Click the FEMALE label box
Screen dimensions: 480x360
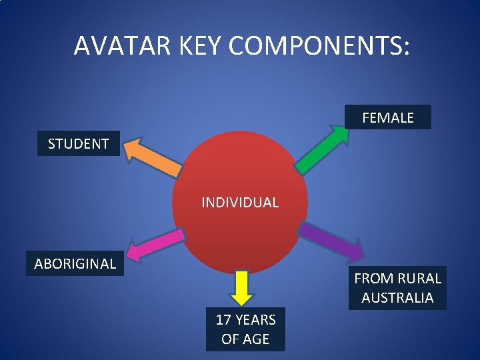(x=388, y=118)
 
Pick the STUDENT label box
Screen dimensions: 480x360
(x=79, y=143)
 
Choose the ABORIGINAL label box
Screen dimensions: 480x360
(x=75, y=263)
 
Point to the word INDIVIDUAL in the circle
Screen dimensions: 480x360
(x=240, y=203)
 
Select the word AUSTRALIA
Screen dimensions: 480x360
(x=397, y=298)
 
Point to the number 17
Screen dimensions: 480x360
(x=223, y=320)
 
